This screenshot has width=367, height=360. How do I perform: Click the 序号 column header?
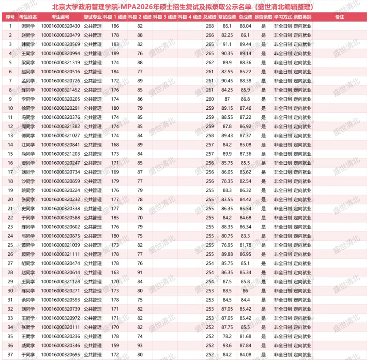[10, 17]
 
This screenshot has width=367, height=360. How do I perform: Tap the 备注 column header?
[340, 17]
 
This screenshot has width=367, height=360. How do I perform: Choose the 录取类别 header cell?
[302, 17]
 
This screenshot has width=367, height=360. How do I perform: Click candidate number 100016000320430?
[60, 26]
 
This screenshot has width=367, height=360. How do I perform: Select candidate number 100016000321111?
[60, 254]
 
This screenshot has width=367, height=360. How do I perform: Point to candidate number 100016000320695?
[60, 354]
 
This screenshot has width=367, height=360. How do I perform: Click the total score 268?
[210, 26]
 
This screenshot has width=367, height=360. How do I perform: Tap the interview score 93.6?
[227, 345]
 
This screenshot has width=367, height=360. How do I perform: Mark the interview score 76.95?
[227, 245]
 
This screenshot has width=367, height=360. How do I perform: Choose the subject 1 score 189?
[115, 54]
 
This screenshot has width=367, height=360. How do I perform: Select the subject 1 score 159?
[115, 345]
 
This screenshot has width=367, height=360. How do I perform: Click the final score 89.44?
[245, 45]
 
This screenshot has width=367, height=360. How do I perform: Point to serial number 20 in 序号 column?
[10, 200]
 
